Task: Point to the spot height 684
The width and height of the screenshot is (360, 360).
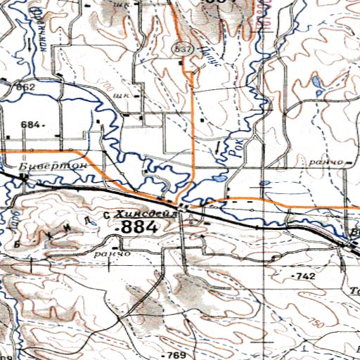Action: (x=32, y=124)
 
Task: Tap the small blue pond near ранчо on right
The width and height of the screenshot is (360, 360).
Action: (x=265, y=183)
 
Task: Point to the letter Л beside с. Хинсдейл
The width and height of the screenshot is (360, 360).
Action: (x=86, y=220)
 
